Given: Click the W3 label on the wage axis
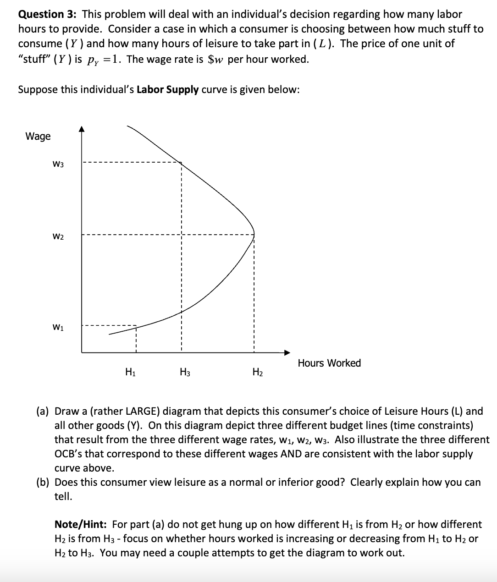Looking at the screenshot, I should tap(58, 164).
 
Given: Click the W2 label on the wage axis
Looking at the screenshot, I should tap(58, 236).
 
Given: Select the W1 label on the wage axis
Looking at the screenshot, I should tap(58, 327).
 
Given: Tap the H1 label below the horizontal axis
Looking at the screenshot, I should tap(130, 372).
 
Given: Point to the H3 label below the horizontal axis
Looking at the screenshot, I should tap(185, 372).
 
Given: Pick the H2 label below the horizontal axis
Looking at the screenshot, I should tap(258, 372).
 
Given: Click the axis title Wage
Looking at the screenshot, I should tap(38, 136).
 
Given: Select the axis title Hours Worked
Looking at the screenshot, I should tap(329, 363).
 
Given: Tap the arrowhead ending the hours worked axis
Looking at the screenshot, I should tap(287, 352).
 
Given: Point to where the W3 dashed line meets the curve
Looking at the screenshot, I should tap(181, 162).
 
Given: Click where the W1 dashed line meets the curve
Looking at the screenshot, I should tap(136, 326).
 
